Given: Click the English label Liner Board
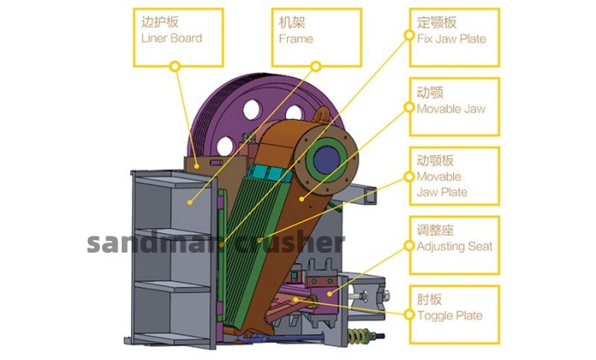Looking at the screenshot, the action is click(x=171, y=38).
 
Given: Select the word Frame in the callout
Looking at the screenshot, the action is click(x=295, y=39).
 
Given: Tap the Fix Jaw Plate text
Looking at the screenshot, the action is click(x=451, y=39).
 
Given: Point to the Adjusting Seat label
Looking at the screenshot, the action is click(x=455, y=247).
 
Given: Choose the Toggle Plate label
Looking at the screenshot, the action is click(x=450, y=316).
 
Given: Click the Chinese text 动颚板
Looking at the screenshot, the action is click(x=435, y=160).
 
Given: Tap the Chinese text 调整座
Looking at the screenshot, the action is click(x=435, y=230).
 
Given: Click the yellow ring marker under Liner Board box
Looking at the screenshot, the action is click(x=175, y=66).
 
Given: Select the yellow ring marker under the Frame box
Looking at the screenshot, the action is click(x=316, y=66).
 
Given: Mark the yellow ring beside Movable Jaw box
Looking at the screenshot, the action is click(x=409, y=107).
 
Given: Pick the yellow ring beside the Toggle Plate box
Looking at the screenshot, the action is click(x=409, y=314).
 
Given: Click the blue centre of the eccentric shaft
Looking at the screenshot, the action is click(x=326, y=159).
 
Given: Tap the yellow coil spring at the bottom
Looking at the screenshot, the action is click(x=358, y=335).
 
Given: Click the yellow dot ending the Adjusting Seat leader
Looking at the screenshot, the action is click(x=330, y=294).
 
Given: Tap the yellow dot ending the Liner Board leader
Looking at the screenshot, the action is click(x=197, y=166).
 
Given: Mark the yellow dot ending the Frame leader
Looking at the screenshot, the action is click(x=190, y=203).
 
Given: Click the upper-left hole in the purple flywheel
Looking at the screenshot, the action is click(x=252, y=110).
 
